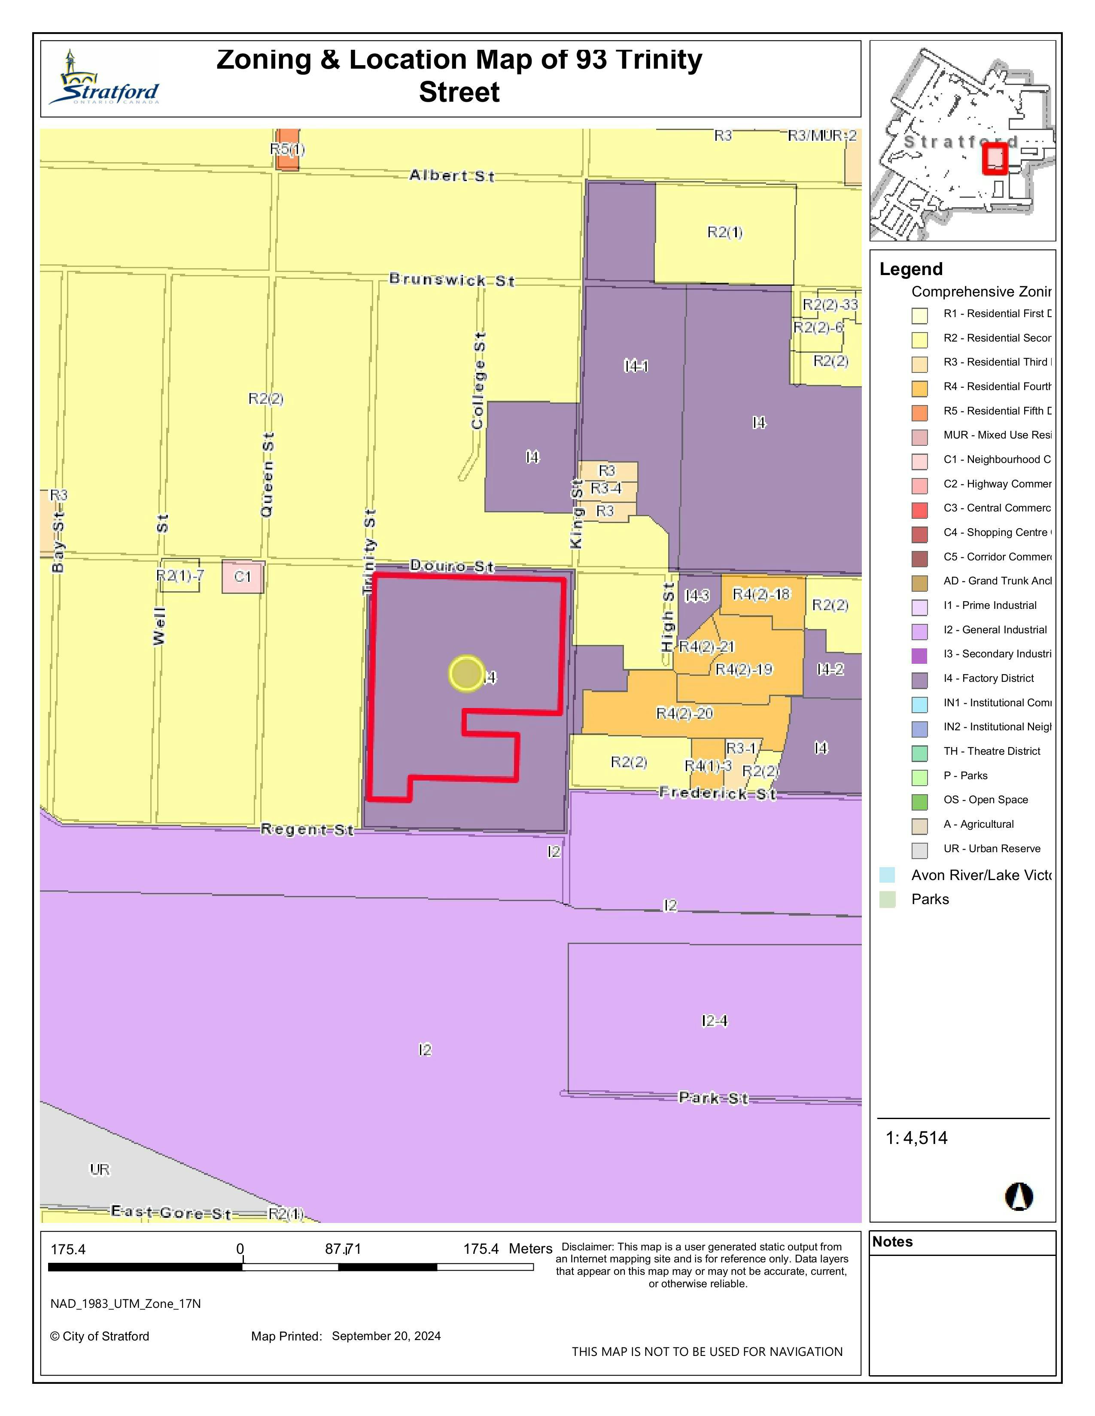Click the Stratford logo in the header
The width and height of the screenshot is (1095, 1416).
click(x=104, y=79)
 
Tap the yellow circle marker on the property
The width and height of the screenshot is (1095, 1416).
click(x=466, y=674)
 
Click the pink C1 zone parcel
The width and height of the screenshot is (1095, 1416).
click(x=243, y=576)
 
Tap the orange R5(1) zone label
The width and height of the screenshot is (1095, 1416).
click(x=287, y=150)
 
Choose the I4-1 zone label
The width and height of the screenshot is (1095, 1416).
click(x=636, y=366)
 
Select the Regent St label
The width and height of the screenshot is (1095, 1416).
click(x=307, y=829)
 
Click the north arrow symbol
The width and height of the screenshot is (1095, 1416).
click(x=1019, y=1196)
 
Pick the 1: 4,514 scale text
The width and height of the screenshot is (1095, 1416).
click(x=917, y=1138)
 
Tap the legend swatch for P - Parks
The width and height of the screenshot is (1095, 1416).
click(x=919, y=777)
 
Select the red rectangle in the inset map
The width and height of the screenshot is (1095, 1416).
click(x=995, y=159)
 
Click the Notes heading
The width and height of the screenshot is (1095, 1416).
click(x=893, y=1242)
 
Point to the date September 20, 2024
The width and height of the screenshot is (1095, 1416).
click(x=386, y=1336)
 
